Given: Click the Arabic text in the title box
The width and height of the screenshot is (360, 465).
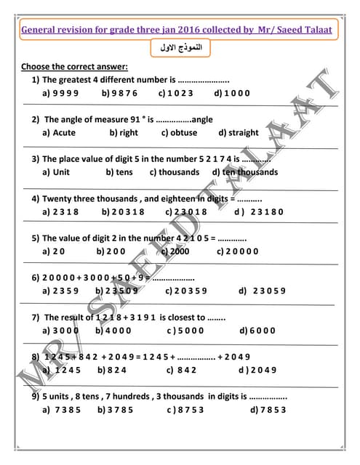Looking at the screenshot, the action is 180,48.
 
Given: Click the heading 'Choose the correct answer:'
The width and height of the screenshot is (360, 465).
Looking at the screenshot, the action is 75,67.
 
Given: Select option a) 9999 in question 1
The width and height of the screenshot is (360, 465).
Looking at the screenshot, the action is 61,93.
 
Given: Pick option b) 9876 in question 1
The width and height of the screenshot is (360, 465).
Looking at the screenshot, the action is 119,93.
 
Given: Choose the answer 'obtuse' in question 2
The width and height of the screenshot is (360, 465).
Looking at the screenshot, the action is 179,133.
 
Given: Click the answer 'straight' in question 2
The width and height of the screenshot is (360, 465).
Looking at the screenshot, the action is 238,133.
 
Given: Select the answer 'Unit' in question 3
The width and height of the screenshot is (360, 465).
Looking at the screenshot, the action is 57,172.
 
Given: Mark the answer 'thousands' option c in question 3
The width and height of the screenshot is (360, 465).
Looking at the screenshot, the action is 175,172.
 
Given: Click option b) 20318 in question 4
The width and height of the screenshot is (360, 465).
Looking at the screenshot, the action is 123,211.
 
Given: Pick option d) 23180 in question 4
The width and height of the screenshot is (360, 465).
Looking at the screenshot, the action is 258,211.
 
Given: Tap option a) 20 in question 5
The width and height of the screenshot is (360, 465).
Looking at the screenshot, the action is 54,251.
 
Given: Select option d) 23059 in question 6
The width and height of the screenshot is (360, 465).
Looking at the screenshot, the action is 262,291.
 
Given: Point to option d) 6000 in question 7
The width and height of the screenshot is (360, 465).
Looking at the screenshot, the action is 257,330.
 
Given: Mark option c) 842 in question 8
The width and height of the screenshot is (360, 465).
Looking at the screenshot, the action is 181,370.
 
